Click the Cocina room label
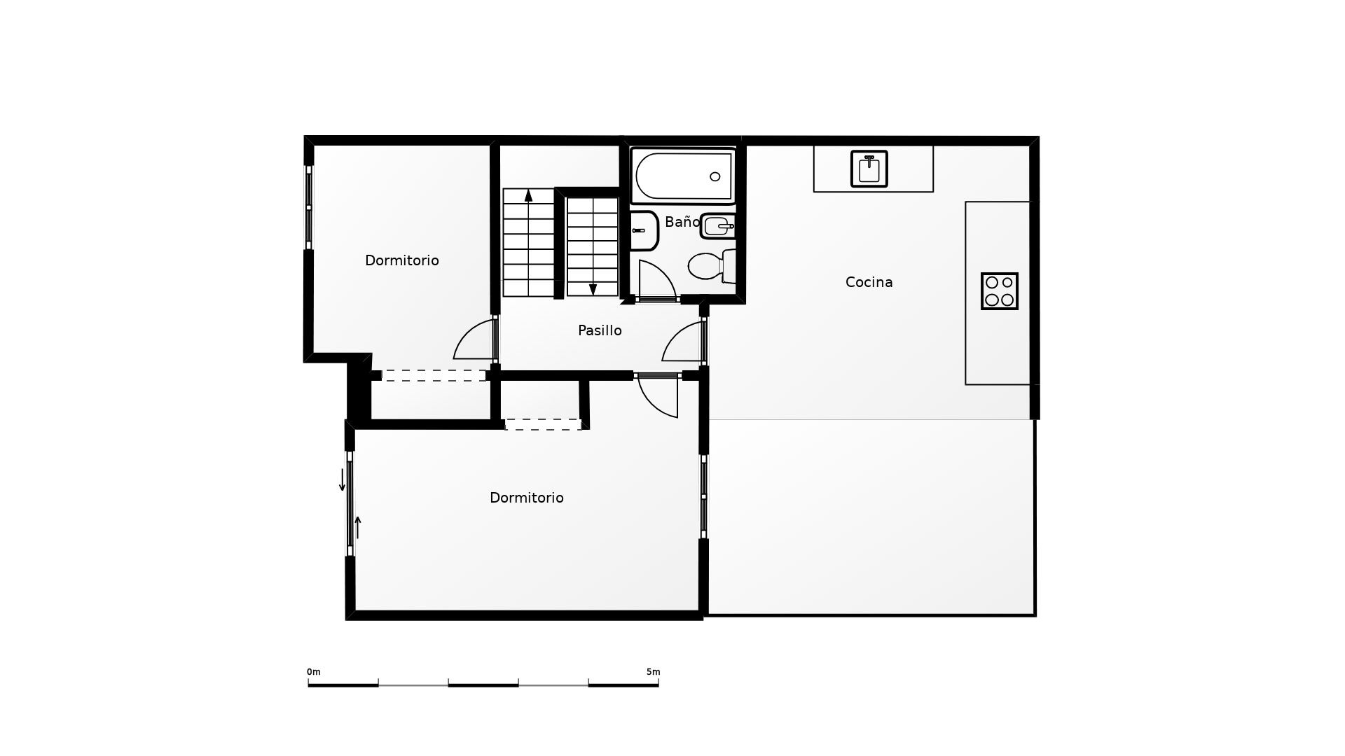click(869, 282)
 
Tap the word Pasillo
click(600, 330)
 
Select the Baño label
click(682, 222)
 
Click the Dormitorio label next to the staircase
click(402, 260)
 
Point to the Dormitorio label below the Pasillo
click(527, 498)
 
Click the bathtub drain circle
click(715, 176)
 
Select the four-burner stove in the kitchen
click(1000, 291)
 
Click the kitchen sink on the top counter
click(869, 169)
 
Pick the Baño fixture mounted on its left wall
click(644, 230)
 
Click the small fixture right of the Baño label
click(718, 226)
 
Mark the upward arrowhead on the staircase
click(528, 195)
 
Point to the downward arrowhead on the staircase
click(593, 290)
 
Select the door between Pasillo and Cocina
click(684, 341)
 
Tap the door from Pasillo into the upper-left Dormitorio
click(475, 339)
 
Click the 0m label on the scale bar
click(313, 672)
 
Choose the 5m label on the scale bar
click(653, 672)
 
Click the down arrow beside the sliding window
click(343, 479)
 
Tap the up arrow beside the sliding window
click(358, 527)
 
